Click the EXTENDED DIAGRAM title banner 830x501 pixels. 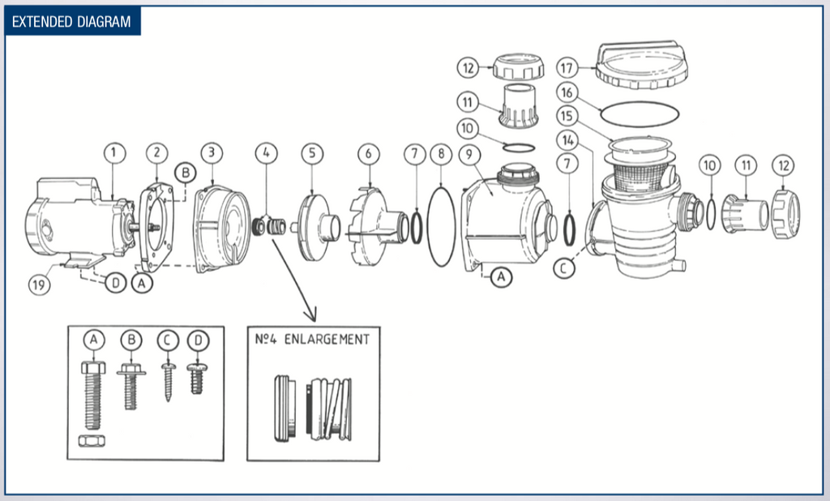point(72,21)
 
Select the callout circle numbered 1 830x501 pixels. point(115,152)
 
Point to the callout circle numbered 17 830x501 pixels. point(568,66)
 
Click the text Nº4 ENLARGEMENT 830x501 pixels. point(312,339)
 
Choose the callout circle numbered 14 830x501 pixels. point(569,140)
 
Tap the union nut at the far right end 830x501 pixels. point(785,214)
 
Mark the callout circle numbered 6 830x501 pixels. point(368,152)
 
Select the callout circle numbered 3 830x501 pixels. point(212,152)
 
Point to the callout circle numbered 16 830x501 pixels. point(568,92)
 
